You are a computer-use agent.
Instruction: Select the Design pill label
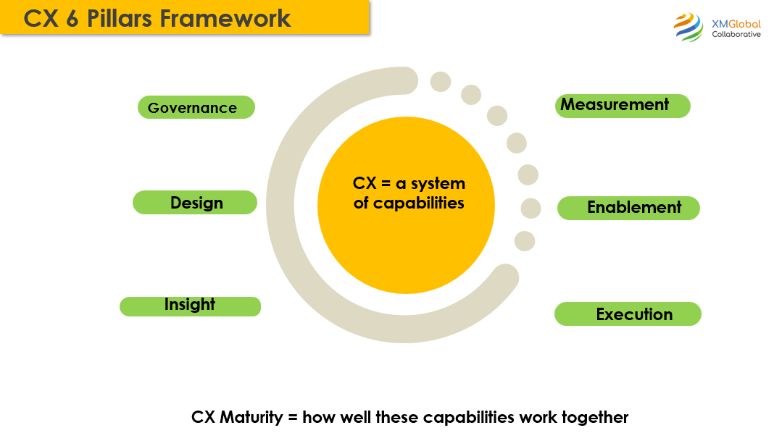coord(196,203)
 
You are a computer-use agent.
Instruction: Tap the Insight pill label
coord(190,305)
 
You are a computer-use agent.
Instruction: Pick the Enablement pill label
coord(629,208)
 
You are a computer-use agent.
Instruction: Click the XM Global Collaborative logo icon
coord(688,28)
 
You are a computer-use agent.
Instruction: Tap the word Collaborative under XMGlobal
coord(736,35)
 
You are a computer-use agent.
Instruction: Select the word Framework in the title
coord(225,18)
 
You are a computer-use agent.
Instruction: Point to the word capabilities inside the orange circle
coord(419,203)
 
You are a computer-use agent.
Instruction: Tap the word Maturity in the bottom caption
coord(257,417)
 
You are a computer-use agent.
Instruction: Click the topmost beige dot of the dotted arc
coord(441,81)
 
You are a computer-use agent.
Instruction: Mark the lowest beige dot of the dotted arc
coord(525,241)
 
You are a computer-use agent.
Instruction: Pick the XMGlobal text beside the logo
coord(736,24)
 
